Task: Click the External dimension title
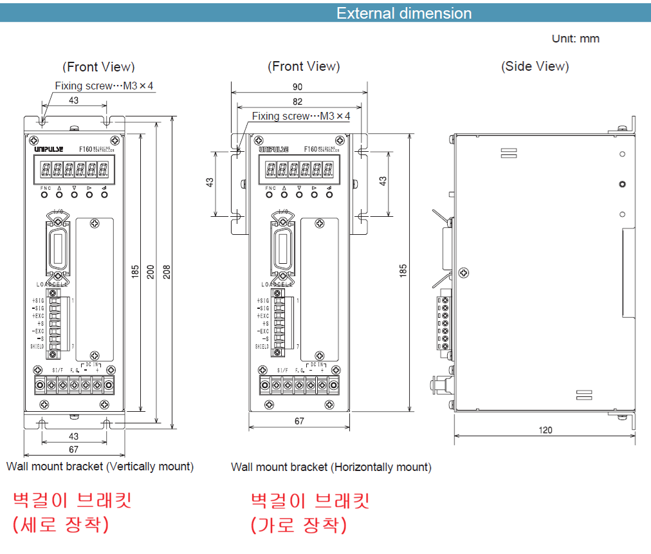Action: point(404,14)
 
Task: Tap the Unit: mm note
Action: point(575,39)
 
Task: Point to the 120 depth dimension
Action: point(545,430)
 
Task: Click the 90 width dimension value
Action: point(297,86)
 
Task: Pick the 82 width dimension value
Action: point(297,102)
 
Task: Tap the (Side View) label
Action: point(535,66)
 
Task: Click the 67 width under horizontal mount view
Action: point(299,421)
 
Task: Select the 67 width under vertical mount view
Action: point(73,449)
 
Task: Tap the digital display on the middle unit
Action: point(300,170)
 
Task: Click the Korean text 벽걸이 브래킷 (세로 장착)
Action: point(72,512)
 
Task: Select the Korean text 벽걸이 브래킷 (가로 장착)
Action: point(309,512)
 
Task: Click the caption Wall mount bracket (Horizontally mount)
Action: point(331,467)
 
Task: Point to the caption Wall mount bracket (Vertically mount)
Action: point(100,466)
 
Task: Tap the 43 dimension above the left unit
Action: point(73,100)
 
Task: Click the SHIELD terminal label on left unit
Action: point(37,347)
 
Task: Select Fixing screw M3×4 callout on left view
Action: point(104,86)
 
